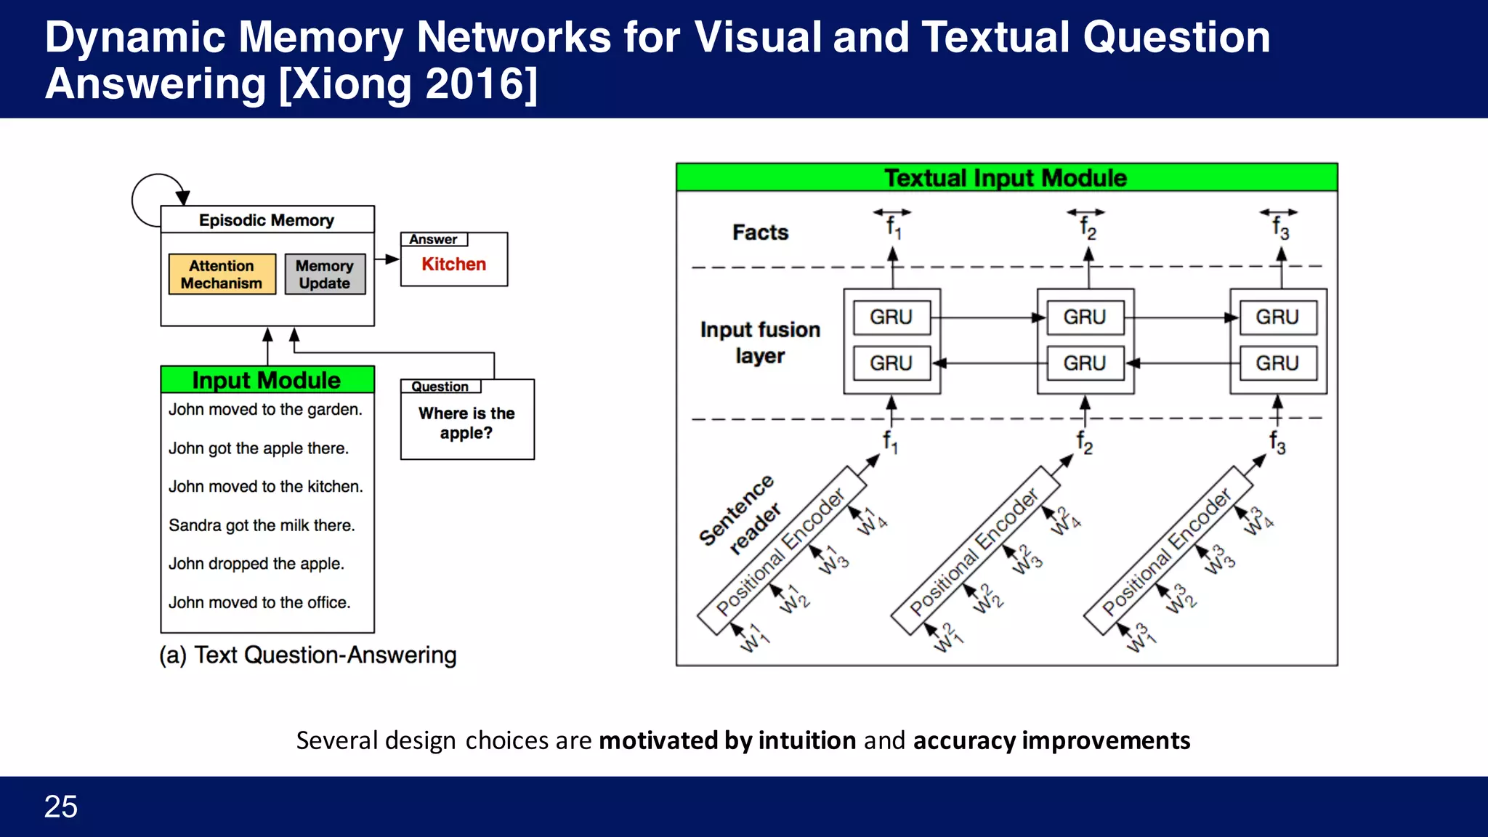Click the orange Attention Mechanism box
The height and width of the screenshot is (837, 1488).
pyautogui.click(x=222, y=274)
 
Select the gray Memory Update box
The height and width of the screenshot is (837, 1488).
pyautogui.click(x=324, y=274)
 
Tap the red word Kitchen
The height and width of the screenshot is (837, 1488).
pyautogui.click(x=453, y=264)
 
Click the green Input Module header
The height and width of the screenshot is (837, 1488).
pyautogui.click(x=267, y=380)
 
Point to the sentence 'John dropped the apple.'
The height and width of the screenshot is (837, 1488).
pyautogui.click(x=256, y=564)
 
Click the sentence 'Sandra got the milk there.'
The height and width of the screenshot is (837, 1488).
pyautogui.click(x=262, y=525)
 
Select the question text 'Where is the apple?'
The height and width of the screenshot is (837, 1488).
pyautogui.click(x=466, y=423)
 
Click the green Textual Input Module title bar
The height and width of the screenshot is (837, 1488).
pyautogui.click(x=1006, y=178)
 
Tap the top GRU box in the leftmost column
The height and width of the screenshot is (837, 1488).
pyautogui.click(x=891, y=318)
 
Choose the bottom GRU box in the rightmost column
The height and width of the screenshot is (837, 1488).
pyautogui.click(x=1277, y=363)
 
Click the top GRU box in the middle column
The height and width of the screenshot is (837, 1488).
pyautogui.click(x=1084, y=318)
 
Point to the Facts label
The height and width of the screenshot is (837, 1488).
pyautogui.click(x=760, y=232)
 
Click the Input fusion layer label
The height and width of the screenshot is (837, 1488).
pyautogui.click(x=760, y=342)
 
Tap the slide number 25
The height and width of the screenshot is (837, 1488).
pyautogui.click(x=61, y=806)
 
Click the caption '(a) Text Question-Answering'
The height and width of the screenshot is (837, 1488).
pyautogui.click(x=308, y=655)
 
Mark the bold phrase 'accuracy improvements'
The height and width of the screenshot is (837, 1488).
pyautogui.click(x=1051, y=740)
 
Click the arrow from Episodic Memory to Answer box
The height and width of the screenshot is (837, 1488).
pyautogui.click(x=387, y=259)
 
